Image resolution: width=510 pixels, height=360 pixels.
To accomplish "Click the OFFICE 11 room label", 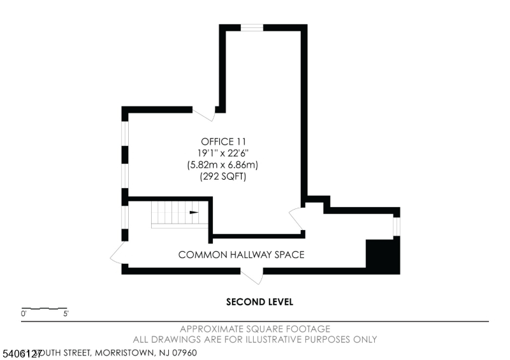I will click(223, 141).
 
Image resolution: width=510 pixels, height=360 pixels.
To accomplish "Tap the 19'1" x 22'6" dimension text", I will click(223, 153).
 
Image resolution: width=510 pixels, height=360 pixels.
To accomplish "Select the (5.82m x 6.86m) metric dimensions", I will click(223, 165).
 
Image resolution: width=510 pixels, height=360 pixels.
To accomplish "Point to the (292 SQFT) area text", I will click(223, 176).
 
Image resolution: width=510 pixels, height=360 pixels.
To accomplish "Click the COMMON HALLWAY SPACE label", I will click(241, 255).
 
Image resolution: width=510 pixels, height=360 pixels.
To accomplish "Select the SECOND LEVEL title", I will click(259, 302).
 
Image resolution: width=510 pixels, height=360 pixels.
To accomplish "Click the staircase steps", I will click(171, 214).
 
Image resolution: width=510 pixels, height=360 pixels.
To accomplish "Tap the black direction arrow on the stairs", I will click(194, 213).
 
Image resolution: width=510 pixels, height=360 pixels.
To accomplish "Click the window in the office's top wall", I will click(252, 27).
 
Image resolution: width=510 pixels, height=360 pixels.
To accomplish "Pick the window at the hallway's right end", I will click(396, 226).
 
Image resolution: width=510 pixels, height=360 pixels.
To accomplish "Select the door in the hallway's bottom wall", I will click(252, 275).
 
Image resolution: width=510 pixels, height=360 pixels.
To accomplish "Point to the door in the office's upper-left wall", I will click(204, 114).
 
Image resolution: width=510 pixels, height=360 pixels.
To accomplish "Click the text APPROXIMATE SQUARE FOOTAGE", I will click(255, 329).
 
